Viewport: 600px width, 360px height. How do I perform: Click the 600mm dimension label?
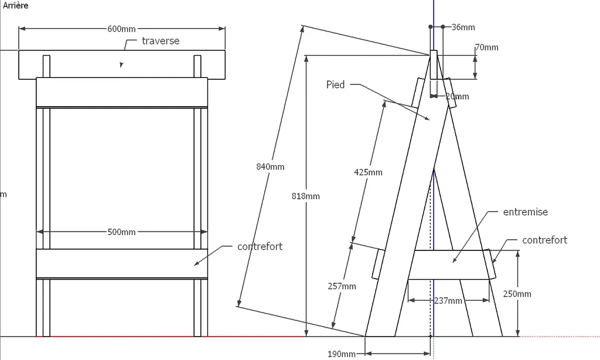[121, 29]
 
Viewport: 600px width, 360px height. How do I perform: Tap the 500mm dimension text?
[121, 232]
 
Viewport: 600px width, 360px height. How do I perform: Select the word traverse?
[161, 41]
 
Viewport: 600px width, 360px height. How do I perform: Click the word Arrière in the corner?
[16, 5]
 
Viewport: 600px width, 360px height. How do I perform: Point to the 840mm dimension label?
[270, 167]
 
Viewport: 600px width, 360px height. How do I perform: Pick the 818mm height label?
[306, 196]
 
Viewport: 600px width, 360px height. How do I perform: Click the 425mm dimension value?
[368, 172]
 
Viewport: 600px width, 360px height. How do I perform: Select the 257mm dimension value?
[342, 286]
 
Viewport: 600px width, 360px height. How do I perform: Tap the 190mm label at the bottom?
[342, 354]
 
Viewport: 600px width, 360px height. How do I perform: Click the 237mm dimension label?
[448, 301]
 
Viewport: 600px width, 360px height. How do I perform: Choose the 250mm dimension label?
[517, 294]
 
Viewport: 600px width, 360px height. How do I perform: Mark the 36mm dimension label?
[463, 27]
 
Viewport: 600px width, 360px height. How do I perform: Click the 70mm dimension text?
[487, 47]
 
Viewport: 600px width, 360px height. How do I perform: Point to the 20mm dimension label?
[457, 97]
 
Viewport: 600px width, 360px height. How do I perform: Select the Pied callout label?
[336, 84]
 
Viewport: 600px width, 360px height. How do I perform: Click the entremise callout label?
[526, 212]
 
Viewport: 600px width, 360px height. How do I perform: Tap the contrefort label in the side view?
[544, 240]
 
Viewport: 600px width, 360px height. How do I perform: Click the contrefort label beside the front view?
[260, 246]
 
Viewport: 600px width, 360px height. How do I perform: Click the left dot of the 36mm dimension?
[431, 27]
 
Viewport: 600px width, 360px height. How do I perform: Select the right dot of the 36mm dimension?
[443, 27]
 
